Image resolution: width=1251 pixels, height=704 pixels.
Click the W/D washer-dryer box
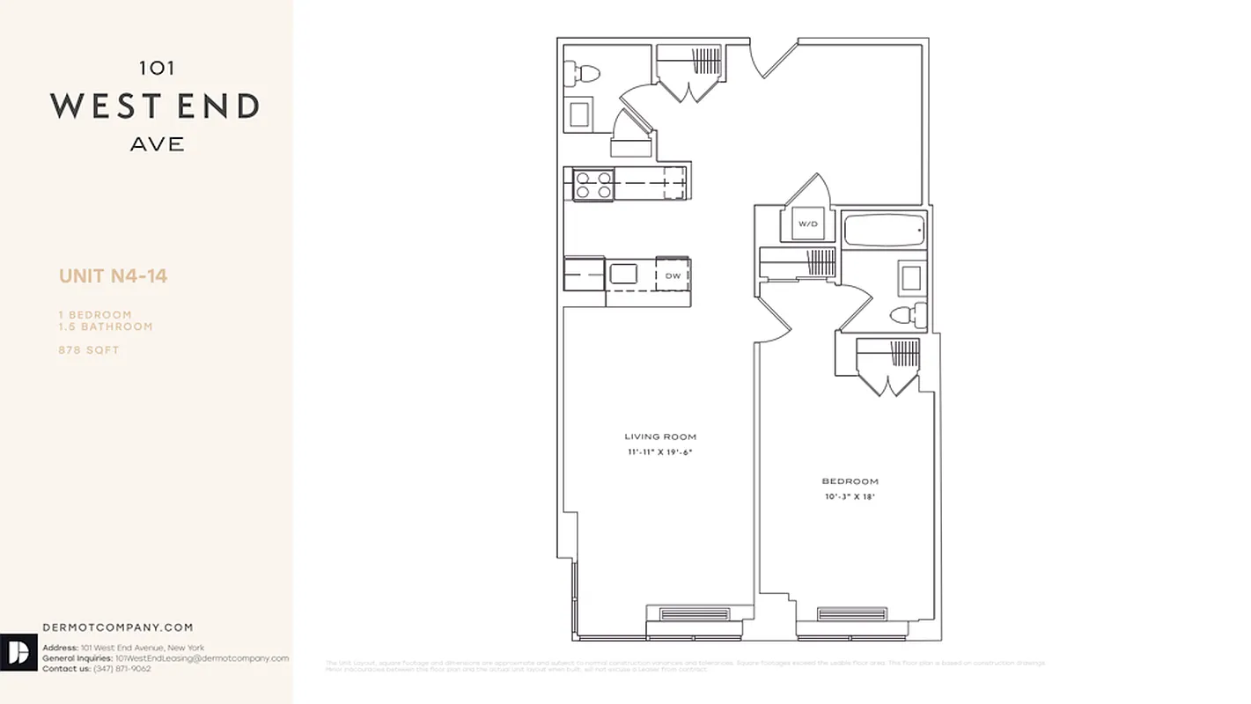click(x=808, y=224)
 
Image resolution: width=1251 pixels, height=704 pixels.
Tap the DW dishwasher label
click(x=673, y=275)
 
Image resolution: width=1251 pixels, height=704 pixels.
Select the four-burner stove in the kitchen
click(x=592, y=185)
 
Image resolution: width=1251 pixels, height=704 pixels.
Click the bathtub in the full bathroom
click(x=884, y=232)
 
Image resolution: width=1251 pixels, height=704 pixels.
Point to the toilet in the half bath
click(x=581, y=73)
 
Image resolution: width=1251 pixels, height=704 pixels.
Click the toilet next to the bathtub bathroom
click(x=907, y=314)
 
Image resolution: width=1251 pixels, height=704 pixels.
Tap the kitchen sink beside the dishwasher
click(x=624, y=275)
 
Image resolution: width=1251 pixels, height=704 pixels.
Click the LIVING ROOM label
click(x=660, y=436)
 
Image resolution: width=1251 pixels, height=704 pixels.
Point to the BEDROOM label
click(x=850, y=481)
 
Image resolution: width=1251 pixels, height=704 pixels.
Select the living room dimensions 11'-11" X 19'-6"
click(x=660, y=452)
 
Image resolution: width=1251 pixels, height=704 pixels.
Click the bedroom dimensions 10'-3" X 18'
click(x=850, y=496)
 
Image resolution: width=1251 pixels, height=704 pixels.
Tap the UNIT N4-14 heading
click(x=113, y=276)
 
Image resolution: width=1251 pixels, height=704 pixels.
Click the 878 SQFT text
click(x=89, y=350)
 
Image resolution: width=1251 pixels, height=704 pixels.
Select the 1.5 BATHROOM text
click(x=106, y=326)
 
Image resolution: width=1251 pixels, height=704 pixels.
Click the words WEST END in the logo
click(x=155, y=106)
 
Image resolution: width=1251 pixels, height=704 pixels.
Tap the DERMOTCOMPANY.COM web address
click(x=118, y=627)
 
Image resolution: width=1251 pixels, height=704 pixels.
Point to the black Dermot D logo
click(x=18, y=653)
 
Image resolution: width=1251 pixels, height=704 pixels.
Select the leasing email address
click(x=202, y=658)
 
